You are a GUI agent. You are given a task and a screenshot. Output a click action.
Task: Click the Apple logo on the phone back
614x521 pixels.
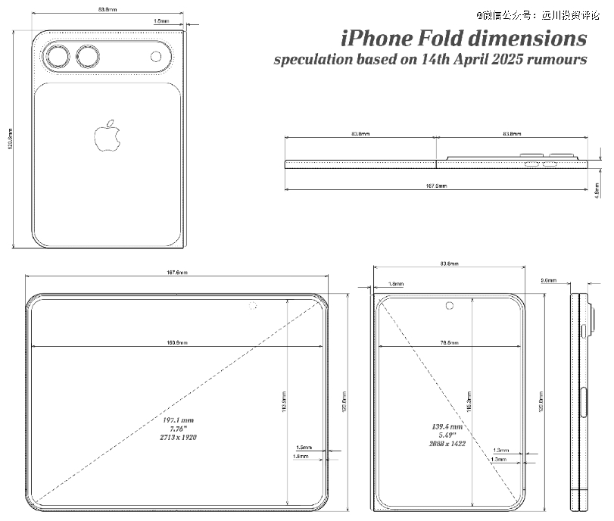[x=108, y=136]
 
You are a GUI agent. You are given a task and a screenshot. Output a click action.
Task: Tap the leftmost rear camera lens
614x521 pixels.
[x=58, y=58]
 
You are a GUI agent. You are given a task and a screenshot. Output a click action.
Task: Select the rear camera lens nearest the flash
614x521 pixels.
[x=89, y=58]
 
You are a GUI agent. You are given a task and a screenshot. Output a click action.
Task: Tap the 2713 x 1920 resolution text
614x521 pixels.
[x=179, y=438]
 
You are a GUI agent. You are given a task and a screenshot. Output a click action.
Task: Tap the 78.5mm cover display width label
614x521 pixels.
[x=450, y=344]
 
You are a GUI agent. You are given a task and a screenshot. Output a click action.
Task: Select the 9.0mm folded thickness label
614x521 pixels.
[x=548, y=280]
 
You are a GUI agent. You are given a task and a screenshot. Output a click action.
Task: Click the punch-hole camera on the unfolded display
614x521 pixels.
[x=252, y=306]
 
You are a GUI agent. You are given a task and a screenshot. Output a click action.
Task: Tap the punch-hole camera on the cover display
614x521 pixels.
[x=450, y=306]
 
